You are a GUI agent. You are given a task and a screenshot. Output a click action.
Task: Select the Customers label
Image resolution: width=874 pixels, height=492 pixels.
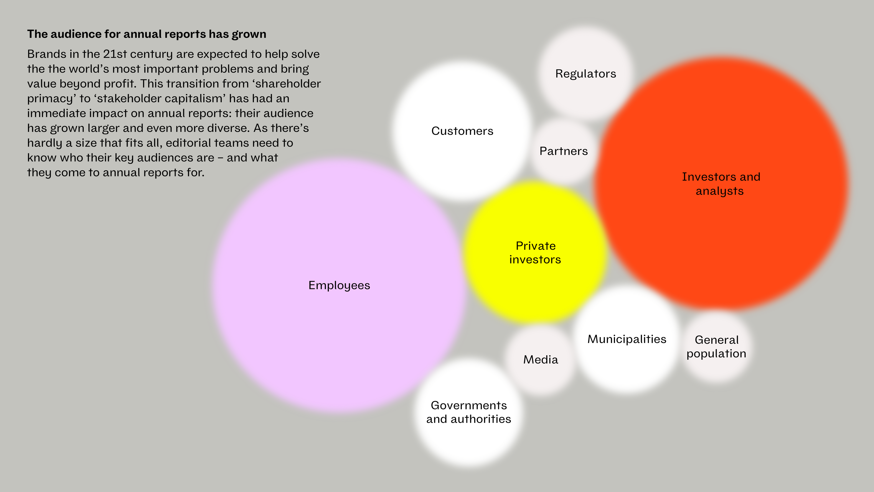pyautogui.click(x=462, y=131)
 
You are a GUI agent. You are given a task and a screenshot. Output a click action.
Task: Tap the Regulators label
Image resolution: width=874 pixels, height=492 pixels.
pyautogui.click(x=586, y=74)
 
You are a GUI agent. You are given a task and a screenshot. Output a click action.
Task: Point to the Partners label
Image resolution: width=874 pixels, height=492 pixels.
pyautogui.click(x=564, y=151)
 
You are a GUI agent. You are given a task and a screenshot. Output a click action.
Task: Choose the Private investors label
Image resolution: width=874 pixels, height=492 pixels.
pyautogui.click(x=535, y=253)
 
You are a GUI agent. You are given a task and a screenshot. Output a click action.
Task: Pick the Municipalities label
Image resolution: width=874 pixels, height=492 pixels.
pyautogui.click(x=627, y=339)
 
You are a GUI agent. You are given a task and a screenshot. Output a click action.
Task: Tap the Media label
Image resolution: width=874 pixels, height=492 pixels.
pyautogui.click(x=541, y=360)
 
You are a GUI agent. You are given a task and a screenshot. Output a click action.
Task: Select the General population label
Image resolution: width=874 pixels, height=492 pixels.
pyautogui.click(x=716, y=347)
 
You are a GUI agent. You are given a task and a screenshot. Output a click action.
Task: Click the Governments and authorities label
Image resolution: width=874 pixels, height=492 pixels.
pyautogui.click(x=469, y=412)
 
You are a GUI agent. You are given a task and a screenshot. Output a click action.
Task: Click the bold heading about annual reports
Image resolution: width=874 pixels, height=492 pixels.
pyautogui.click(x=147, y=34)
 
